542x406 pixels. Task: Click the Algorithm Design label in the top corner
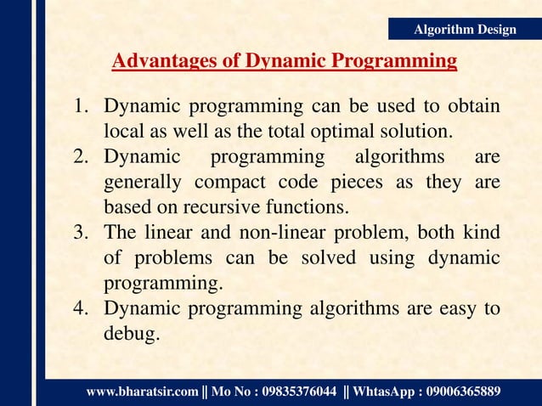464,30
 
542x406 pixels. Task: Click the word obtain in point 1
471,109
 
